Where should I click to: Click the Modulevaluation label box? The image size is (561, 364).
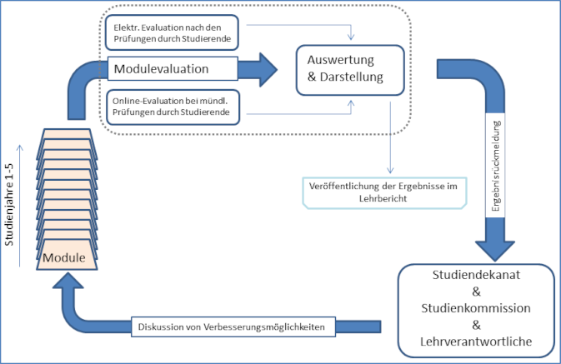tap(173, 68)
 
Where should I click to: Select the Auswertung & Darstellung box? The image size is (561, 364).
tap(350, 70)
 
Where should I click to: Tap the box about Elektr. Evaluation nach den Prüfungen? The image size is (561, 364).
tap(172, 32)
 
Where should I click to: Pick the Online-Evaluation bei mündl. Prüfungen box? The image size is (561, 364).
tap(173, 107)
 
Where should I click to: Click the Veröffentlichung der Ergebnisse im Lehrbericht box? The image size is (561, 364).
tap(384, 192)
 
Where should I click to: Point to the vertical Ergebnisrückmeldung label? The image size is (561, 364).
tap(495, 166)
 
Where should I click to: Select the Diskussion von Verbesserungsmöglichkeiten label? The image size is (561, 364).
tap(233, 327)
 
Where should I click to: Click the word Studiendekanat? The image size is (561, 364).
tap(476, 275)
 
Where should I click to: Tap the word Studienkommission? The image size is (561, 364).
tap(476, 308)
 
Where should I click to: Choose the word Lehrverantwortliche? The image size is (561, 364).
tap(476, 342)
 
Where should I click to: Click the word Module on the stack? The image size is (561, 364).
tap(64, 257)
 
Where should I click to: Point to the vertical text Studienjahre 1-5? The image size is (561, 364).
tap(9, 205)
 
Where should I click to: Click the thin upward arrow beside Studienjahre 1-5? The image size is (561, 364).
tap(20, 206)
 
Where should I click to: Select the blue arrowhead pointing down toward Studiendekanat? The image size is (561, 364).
tap(495, 250)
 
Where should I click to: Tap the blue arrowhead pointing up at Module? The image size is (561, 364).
tap(68, 281)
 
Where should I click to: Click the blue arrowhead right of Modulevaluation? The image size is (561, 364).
tap(268, 70)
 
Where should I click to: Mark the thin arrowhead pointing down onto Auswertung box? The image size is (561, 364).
tap(351, 36)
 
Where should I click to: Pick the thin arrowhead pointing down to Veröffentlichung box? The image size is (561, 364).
tap(390, 169)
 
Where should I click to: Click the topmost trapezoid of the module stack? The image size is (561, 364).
tap(67, 134)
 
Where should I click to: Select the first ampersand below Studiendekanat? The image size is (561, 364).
tap(476, 292)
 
